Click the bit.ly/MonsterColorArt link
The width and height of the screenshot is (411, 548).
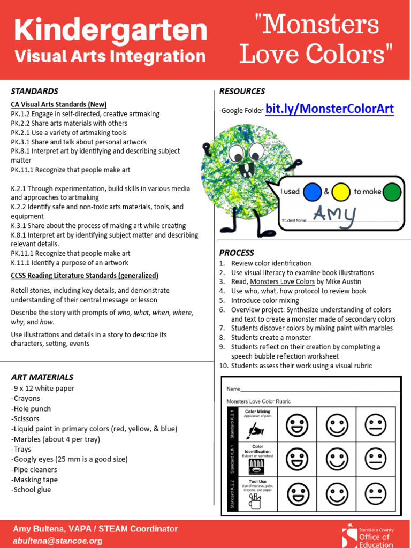click(x=330, y=109)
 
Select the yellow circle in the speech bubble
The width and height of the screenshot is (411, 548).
click(x=340, y=192)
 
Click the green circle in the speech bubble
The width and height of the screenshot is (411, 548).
click(x=392, y=192)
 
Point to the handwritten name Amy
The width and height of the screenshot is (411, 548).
click(x=334, y=214)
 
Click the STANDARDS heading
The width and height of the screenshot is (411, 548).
click(x=34, y=91)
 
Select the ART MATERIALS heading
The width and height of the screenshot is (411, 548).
click(x=42, y=377)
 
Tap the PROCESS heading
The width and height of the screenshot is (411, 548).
click(x=237, y=253)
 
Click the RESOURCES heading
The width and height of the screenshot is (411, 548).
click(x=242, y=91)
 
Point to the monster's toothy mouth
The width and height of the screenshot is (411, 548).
click(x=247, y=170)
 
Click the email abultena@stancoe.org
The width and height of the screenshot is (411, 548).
click(x=57, y=541)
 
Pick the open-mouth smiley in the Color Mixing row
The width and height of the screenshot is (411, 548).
click(x=296, y=426)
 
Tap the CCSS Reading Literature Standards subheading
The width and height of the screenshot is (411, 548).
click(x=85, y=276)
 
